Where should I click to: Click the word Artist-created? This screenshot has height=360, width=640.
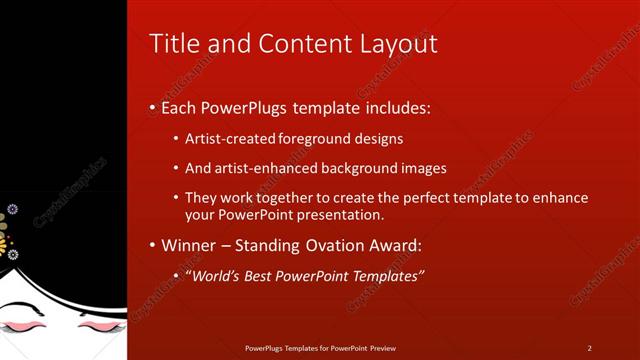click(x=226, y=138)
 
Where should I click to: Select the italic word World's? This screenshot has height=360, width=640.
click(x=216, y=275)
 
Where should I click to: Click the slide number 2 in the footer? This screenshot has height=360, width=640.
click(x=589, y=348)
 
